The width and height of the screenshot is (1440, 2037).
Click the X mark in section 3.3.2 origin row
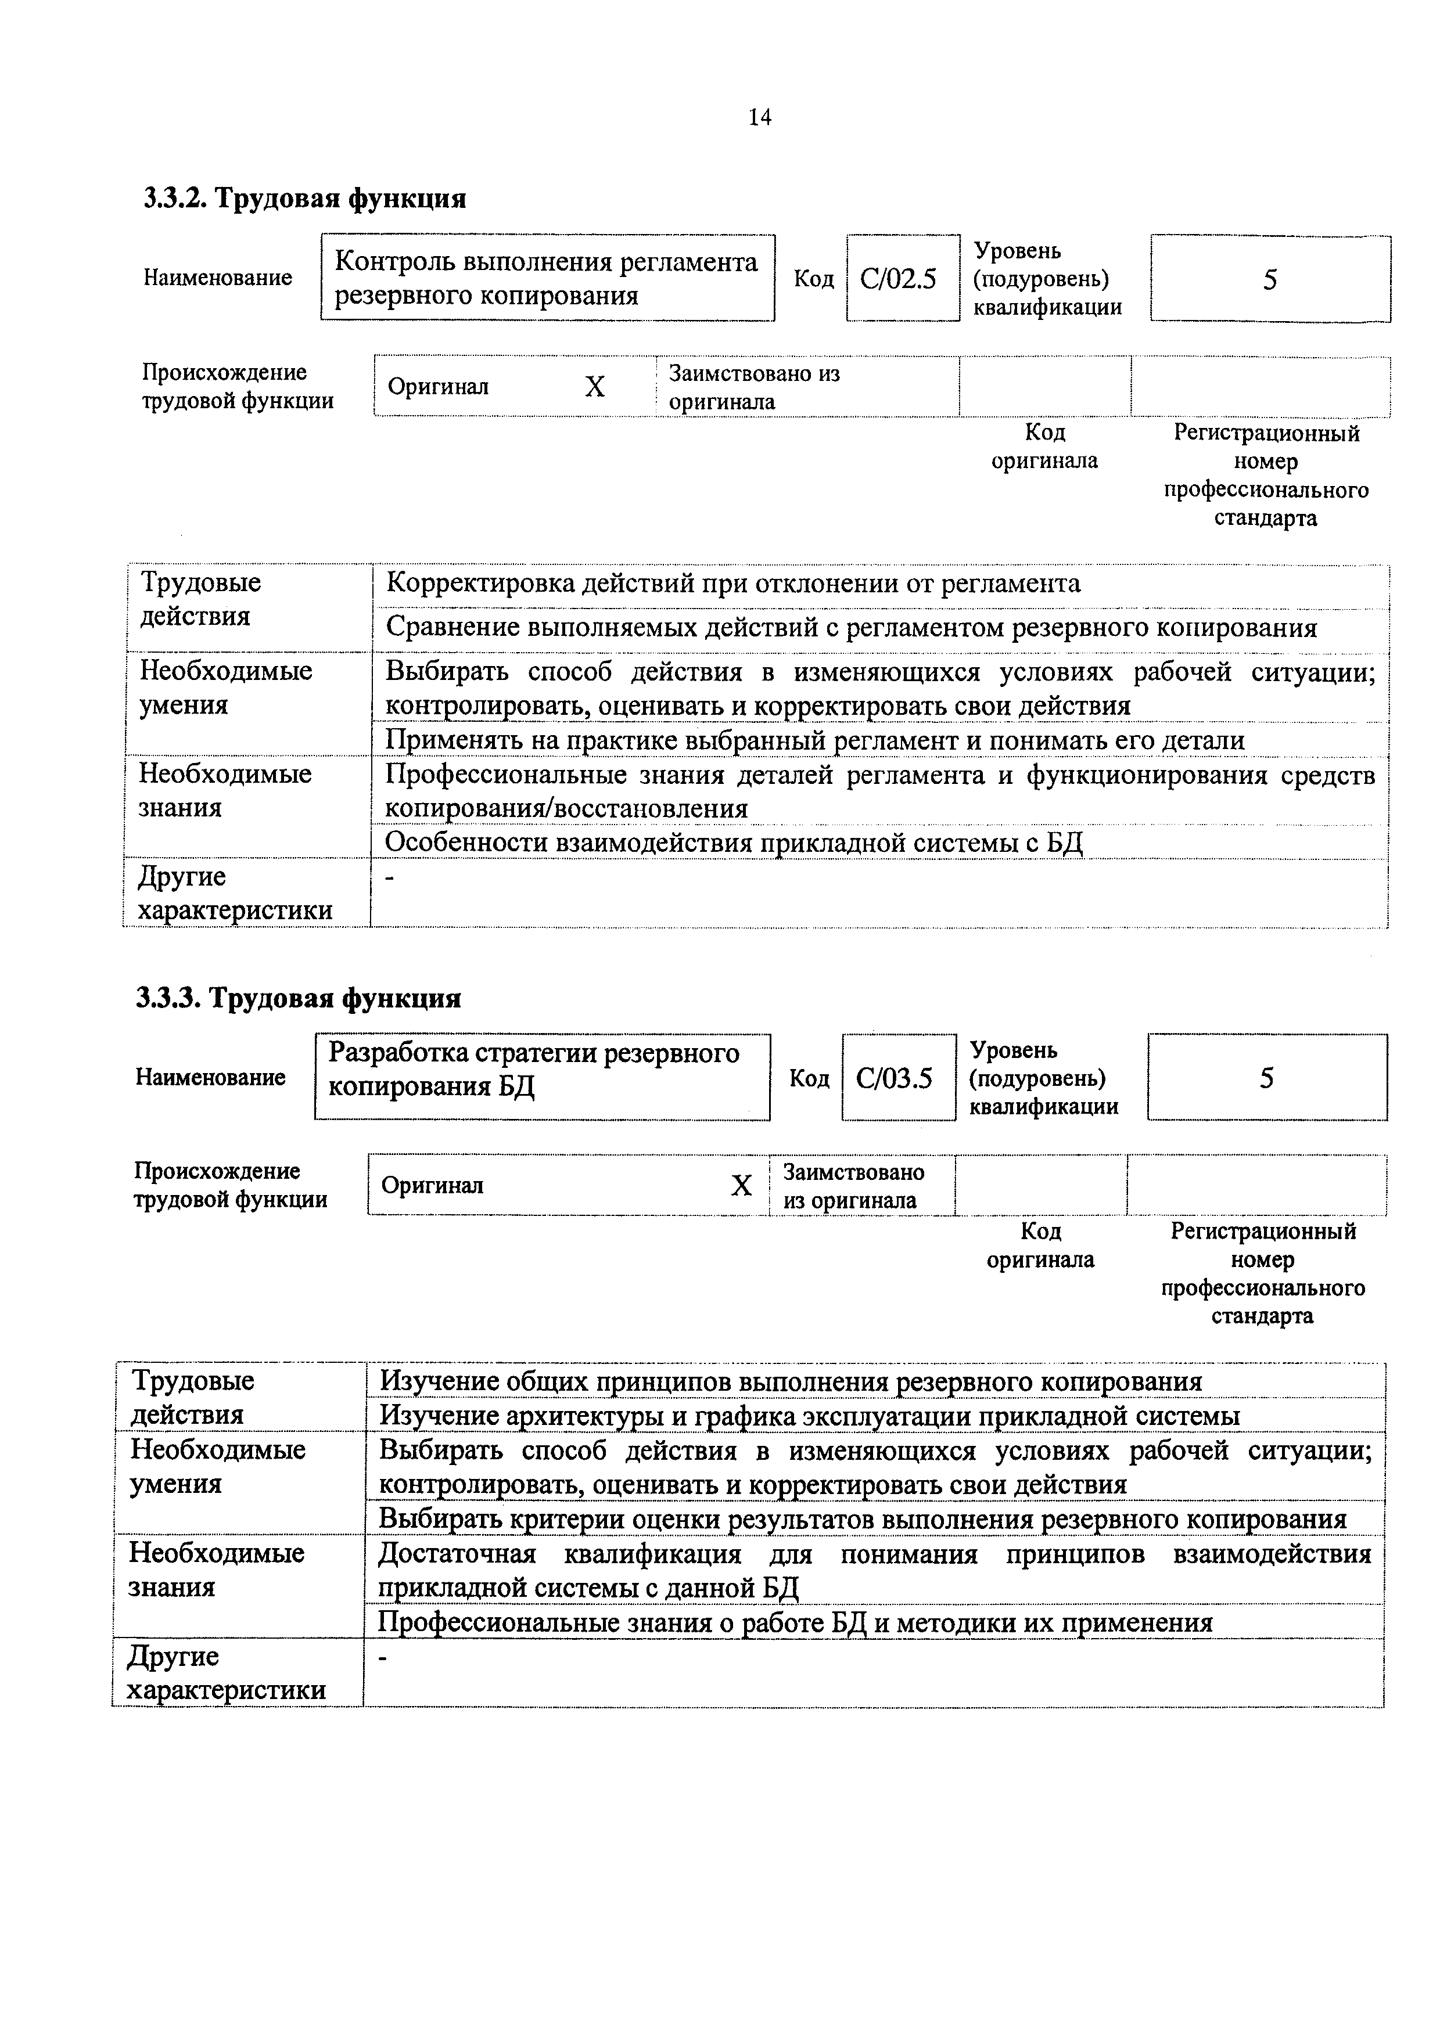(x=594, y=387)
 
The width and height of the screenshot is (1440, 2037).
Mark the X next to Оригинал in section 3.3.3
(x=741, y=1185)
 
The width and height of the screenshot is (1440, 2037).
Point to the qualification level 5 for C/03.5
(x=1266, y=1078)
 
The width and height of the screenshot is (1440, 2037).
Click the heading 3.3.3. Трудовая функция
(x=299, y=998)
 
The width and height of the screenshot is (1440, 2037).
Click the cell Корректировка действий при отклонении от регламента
(x=734, y=584)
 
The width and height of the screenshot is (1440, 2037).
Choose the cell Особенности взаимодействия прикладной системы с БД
(x=734, y=842)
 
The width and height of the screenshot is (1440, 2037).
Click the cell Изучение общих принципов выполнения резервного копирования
(x=791, y=1381)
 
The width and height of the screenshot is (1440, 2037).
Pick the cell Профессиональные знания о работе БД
(x=795, y=1622)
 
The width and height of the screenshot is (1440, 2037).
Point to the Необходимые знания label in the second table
(x=217, y=1570)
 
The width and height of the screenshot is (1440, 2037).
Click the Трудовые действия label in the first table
(x=200, y=599)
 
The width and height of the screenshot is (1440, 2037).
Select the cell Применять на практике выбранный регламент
(x=814, y=740)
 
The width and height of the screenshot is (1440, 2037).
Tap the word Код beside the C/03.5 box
(x=808, y=1078)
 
